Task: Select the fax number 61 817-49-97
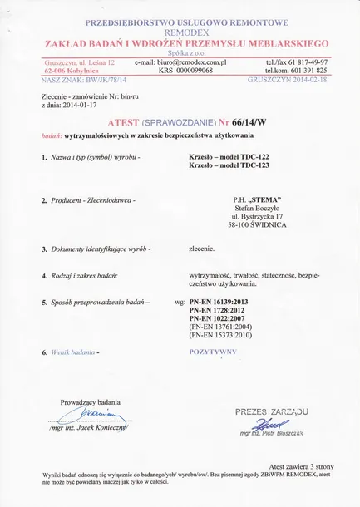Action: [x=305, y=62]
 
